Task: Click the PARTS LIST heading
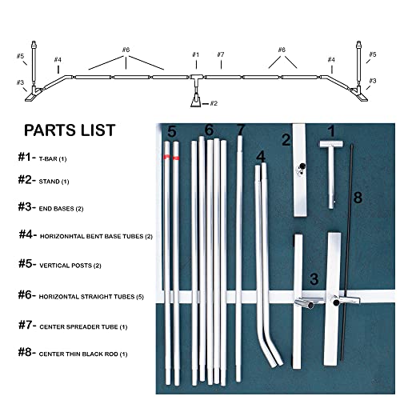pos(70,130)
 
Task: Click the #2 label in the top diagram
pos(214,103)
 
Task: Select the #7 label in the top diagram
pos(220,54)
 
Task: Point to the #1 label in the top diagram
pos(194,54)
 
